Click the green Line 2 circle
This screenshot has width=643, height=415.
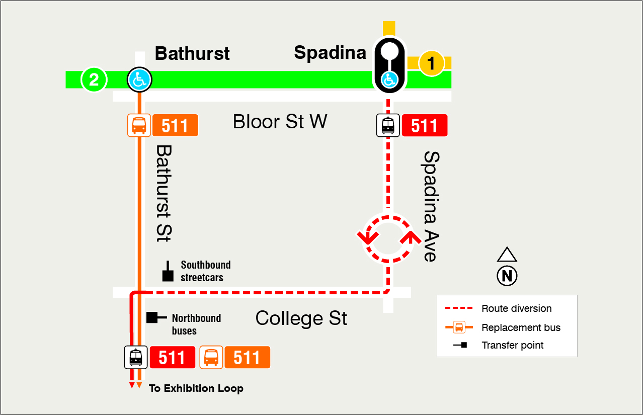pyautogui.click(x=94, y=79)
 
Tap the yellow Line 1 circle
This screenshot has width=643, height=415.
pyautogui.click(x=431, y=64)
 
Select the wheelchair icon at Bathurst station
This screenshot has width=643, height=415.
pyautogui.click(x=139, y=79)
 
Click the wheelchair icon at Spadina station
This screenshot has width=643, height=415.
pyautogui.click(x=388, y=79)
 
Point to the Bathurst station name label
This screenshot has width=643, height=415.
pyautogui.click(x=192, y=53)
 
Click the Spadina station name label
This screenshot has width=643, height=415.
pyautogui.click(x=330, y=52)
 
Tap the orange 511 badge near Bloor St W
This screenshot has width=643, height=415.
pyautogui.click(x=175, y=125)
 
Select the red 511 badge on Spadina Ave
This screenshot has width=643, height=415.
pyautogui.click(x=424, y=125)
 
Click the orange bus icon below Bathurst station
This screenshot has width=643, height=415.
pyautogui.click(x=139, y=125)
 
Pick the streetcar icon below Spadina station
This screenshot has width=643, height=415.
pyautogui.click(x=388, y=125)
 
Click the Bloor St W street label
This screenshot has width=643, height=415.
pyautogui.click(x=280, y=122)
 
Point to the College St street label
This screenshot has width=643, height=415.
pyautogui.click(x=301, y=318)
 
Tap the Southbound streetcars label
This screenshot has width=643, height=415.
pyautogui.click(x=206, y=271)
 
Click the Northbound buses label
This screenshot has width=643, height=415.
pyautogui.click(x=196, y=324)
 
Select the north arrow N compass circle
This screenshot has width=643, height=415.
pyautogui.click(x=507, y=276)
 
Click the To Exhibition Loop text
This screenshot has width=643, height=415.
pyautogui.click(x=196, y=388)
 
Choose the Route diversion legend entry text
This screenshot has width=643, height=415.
pyautogui.click(x=516, y=308)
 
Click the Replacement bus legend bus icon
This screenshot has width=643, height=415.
pyautogui.click(x=459, y=327)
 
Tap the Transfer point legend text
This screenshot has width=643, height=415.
pyautogui.click(x=512, y=345)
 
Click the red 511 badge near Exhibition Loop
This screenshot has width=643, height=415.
pyautogui.click(x=172, y=358)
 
